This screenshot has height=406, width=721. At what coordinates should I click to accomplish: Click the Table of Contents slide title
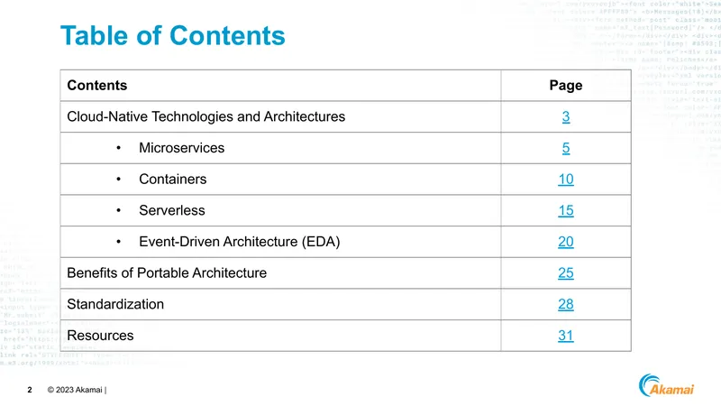click(x=172, y=35)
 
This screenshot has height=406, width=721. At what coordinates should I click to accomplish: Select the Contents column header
click(x=97, y=85)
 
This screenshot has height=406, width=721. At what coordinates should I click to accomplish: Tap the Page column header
click(x=566, y=85)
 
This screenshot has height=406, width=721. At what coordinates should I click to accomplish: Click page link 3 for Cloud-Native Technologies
click(x=566, y=116)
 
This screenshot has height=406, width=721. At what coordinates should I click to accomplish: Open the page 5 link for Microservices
click(x=566, y=148)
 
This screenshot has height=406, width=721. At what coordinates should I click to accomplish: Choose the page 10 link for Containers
click(x=566, y=179)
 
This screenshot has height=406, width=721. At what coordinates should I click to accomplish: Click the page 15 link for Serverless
click(x=566, y=210)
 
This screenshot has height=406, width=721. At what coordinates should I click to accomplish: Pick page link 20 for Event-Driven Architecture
click(x=566, y=242)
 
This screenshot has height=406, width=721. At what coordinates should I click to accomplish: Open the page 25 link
click(x=566, y=273)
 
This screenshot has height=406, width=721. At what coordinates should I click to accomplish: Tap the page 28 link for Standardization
click(x=566, y=304)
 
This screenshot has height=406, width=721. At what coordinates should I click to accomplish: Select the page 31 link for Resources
click(x=566, y=336)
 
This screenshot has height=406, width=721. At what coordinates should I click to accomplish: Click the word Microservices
click(x=182, y=148)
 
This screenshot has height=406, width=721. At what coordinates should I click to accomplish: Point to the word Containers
click(x=173, y=179)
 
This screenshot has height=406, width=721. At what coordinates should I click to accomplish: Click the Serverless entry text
click(x=172, y=210)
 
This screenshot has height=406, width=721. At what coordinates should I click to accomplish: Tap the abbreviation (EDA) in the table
click(x=321, y=242)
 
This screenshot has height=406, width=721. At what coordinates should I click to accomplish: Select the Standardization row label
click(x=115, y=304)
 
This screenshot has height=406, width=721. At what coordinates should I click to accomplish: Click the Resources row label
click(x=100, y=336)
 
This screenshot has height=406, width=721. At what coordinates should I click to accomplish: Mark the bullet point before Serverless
click(x=119, y=210)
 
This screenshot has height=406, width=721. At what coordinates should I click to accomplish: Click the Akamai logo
click(x=666, y=385)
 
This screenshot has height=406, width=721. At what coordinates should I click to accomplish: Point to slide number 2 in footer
click(x=30, y=390)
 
